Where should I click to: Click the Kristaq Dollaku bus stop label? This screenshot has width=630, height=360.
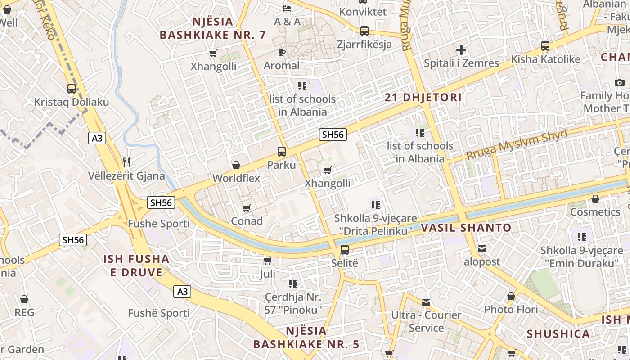point(72,102)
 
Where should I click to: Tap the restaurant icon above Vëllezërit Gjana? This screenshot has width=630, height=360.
point(126,162)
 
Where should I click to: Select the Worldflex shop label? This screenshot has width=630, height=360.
point(236,178)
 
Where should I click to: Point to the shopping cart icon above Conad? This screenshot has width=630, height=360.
point(246,208)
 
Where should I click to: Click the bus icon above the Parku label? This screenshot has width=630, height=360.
point(282,152)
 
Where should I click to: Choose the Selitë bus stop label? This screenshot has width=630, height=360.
point(345,262)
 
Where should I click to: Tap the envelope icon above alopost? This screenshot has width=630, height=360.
point(482,248)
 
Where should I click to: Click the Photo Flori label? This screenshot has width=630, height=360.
point(511,310)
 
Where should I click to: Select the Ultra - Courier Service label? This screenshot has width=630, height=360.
point(426,321)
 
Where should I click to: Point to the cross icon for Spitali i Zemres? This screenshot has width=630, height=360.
point(461,50)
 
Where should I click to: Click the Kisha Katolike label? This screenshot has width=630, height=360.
point(545,59)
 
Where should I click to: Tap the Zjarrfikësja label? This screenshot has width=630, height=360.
point(364,45)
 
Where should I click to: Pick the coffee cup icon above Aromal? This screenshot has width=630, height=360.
point(282,53)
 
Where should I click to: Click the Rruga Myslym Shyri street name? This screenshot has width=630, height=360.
point(516,145)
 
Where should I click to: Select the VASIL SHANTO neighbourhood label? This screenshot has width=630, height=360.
point(466,228)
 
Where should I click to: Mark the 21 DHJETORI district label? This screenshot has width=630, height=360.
point(423,98)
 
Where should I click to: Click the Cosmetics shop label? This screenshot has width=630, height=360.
point(595,212)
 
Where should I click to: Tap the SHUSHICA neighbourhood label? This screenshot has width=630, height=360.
point(558,334)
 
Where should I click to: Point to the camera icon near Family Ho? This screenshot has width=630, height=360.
point(620,83)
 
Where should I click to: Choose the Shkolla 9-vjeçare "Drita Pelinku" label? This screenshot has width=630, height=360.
point(375,225)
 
